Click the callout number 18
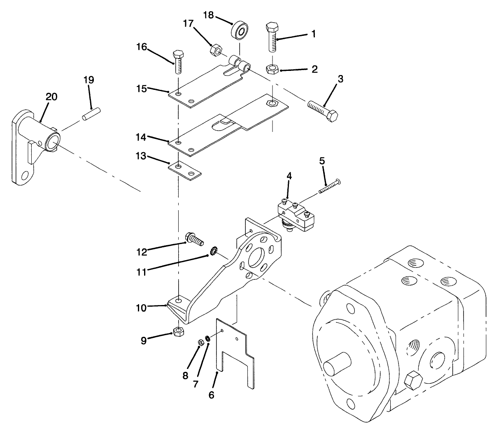(x=208, y=16)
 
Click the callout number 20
(x=51, y=97)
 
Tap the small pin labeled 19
(x=91, y=114)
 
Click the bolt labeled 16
(x=178, y=62)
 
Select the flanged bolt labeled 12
(x=195, y=239)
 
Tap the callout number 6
(x=211, y=394)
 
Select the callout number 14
(x=141, y=136)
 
